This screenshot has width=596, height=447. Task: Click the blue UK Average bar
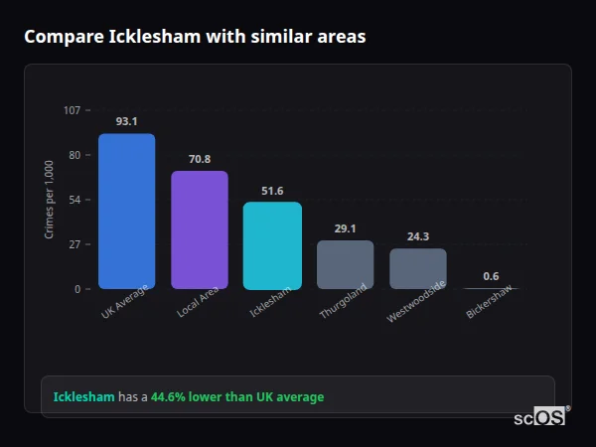126,211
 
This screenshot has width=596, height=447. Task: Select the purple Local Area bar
199,229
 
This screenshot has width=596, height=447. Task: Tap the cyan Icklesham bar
272,245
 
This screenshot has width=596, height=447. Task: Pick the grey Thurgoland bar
345,264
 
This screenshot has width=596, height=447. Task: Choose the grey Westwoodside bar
417,268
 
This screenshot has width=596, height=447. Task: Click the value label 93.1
126,121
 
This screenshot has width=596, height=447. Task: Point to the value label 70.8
199,159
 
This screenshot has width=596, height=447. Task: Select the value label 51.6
272,191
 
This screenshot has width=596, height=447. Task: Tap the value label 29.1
345,228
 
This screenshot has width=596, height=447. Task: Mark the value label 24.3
417,236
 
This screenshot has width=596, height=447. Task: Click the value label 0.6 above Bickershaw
491,276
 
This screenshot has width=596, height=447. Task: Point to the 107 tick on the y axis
72,110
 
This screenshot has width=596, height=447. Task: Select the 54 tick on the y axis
74,200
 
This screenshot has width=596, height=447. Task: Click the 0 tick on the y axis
76,289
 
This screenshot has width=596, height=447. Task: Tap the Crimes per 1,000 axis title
49,199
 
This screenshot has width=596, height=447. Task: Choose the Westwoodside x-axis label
415,302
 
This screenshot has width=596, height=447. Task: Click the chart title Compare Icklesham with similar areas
195,37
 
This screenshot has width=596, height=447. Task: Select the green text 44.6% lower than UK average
237,396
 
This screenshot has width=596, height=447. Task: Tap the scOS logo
539,417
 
